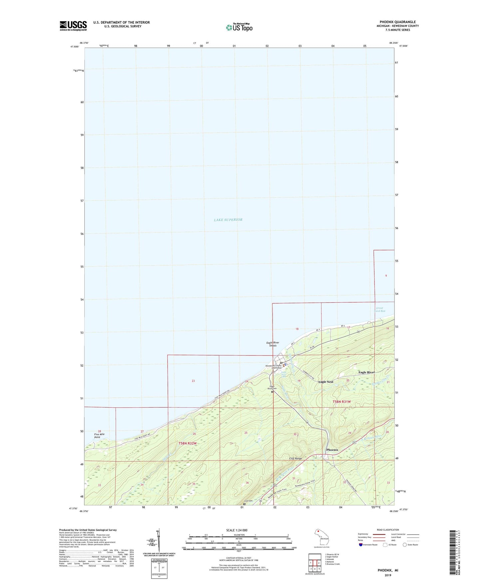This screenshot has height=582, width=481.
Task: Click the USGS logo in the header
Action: pos(73,26)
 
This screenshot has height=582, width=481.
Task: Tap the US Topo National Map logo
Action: pos(239,27)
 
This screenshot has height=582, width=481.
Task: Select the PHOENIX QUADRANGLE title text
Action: pos(397,22)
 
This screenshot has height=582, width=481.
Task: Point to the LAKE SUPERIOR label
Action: pos(228,220)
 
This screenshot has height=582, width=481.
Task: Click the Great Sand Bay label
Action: pos(379,309)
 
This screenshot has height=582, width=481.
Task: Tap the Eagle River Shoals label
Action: pos(273,344)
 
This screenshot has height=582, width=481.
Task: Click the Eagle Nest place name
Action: pos(326,382)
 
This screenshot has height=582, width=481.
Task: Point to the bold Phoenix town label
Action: pos(332,450)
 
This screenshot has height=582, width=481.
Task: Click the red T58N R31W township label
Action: pos(342,402)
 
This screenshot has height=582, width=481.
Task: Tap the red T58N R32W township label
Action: pos(187,443)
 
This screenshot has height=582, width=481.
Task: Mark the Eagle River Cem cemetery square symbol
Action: pos(272,392)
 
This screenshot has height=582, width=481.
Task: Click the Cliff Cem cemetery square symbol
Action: pos(244,504)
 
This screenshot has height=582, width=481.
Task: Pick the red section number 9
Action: pos(386,276)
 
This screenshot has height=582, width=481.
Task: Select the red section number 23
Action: pos(193,381)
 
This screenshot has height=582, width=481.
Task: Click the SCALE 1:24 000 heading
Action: pos(237,530)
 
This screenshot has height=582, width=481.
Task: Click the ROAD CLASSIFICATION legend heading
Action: pos(388,530)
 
